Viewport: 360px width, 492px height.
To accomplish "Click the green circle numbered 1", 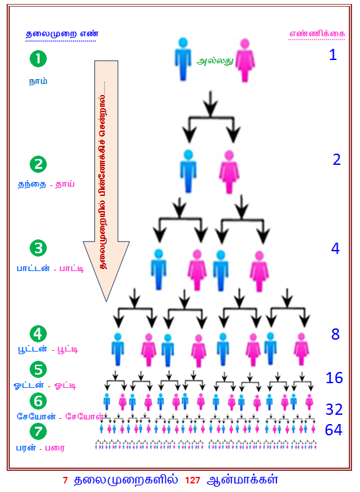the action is (38, 59).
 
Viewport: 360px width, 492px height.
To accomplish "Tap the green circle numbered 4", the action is (38, 334).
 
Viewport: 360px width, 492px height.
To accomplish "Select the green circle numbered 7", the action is (38, 431).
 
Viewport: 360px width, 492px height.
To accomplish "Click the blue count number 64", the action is (334, 430).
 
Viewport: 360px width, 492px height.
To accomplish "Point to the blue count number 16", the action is (334, 378).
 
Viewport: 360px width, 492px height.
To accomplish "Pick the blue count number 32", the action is (334, 410).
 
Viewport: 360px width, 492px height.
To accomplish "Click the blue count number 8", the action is (335, 334).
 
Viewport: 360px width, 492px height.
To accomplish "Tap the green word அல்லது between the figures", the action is (215, 61).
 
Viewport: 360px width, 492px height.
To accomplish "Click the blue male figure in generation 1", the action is (183, 59).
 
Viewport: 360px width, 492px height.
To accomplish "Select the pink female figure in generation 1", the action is (245, 60).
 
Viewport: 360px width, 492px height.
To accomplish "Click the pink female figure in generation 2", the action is (229, 172).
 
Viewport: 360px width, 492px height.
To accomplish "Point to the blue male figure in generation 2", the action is (188, 171).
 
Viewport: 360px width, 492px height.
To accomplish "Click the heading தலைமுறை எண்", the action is (62, 34).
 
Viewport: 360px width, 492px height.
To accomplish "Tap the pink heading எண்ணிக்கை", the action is (316, 34).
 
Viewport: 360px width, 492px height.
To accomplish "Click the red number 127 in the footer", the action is (193, 480).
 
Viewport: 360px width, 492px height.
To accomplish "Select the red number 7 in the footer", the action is (65, 480).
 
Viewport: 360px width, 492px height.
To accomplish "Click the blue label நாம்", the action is (38, 81).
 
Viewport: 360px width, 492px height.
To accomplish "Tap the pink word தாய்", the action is (65, 184).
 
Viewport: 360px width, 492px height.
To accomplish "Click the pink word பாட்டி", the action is (71, 268).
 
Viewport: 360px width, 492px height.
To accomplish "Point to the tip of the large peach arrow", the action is (106, 301).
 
